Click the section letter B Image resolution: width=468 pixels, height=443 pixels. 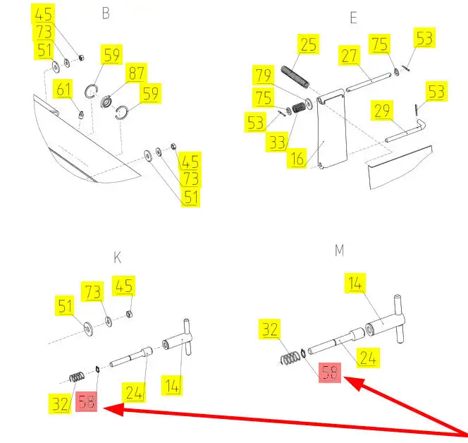pyautogui.click(x=106, y=13)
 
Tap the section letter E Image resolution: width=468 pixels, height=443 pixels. pyautogui.click(x=353, y=18)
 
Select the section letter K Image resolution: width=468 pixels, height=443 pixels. pyautogui.click(x=118, y=257)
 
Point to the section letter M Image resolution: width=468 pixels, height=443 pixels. pyautogui.click(x=339, y=250)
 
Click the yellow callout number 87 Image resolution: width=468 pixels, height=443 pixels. pyautogui.click(x=137, y=73)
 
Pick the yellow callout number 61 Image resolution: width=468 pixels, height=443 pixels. pyautogui.click(x=63, y=90)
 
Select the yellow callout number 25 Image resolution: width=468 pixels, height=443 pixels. pyautogui.click(x=308, y=44)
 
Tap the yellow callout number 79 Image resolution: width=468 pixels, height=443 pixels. pyautogui.click(x=264, y=75)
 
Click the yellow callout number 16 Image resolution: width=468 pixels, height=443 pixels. pyautogui.click(x=297, y=158)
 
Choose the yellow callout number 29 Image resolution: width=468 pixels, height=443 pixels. pyautogui.click(x=382, y=111)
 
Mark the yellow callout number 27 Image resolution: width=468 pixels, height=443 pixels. pyautogui.click(x=349, y=56)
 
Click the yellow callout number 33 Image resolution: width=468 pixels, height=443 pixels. pyautogui.click(x=277, y=142)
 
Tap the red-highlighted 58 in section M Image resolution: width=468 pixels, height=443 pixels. pyautogui.click(x=330, y=372)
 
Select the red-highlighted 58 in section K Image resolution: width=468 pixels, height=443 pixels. pyautogui.click(x=87, y=401)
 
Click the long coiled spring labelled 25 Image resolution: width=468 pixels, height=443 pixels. pyautogui.click(x=295, y=78)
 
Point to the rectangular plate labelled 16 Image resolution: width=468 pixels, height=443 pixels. pyautogui.click(x=332, y=129)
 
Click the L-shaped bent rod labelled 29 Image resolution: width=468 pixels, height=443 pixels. pyautogui.click(x=406, y=131)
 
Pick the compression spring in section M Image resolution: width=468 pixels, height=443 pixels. pyautogui.click(x=290, y=358)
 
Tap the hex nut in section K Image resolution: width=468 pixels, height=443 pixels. pyautogui.click(x=129, y=314)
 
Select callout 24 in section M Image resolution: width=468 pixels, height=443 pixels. pyautogui.click(x=369, y=358)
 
